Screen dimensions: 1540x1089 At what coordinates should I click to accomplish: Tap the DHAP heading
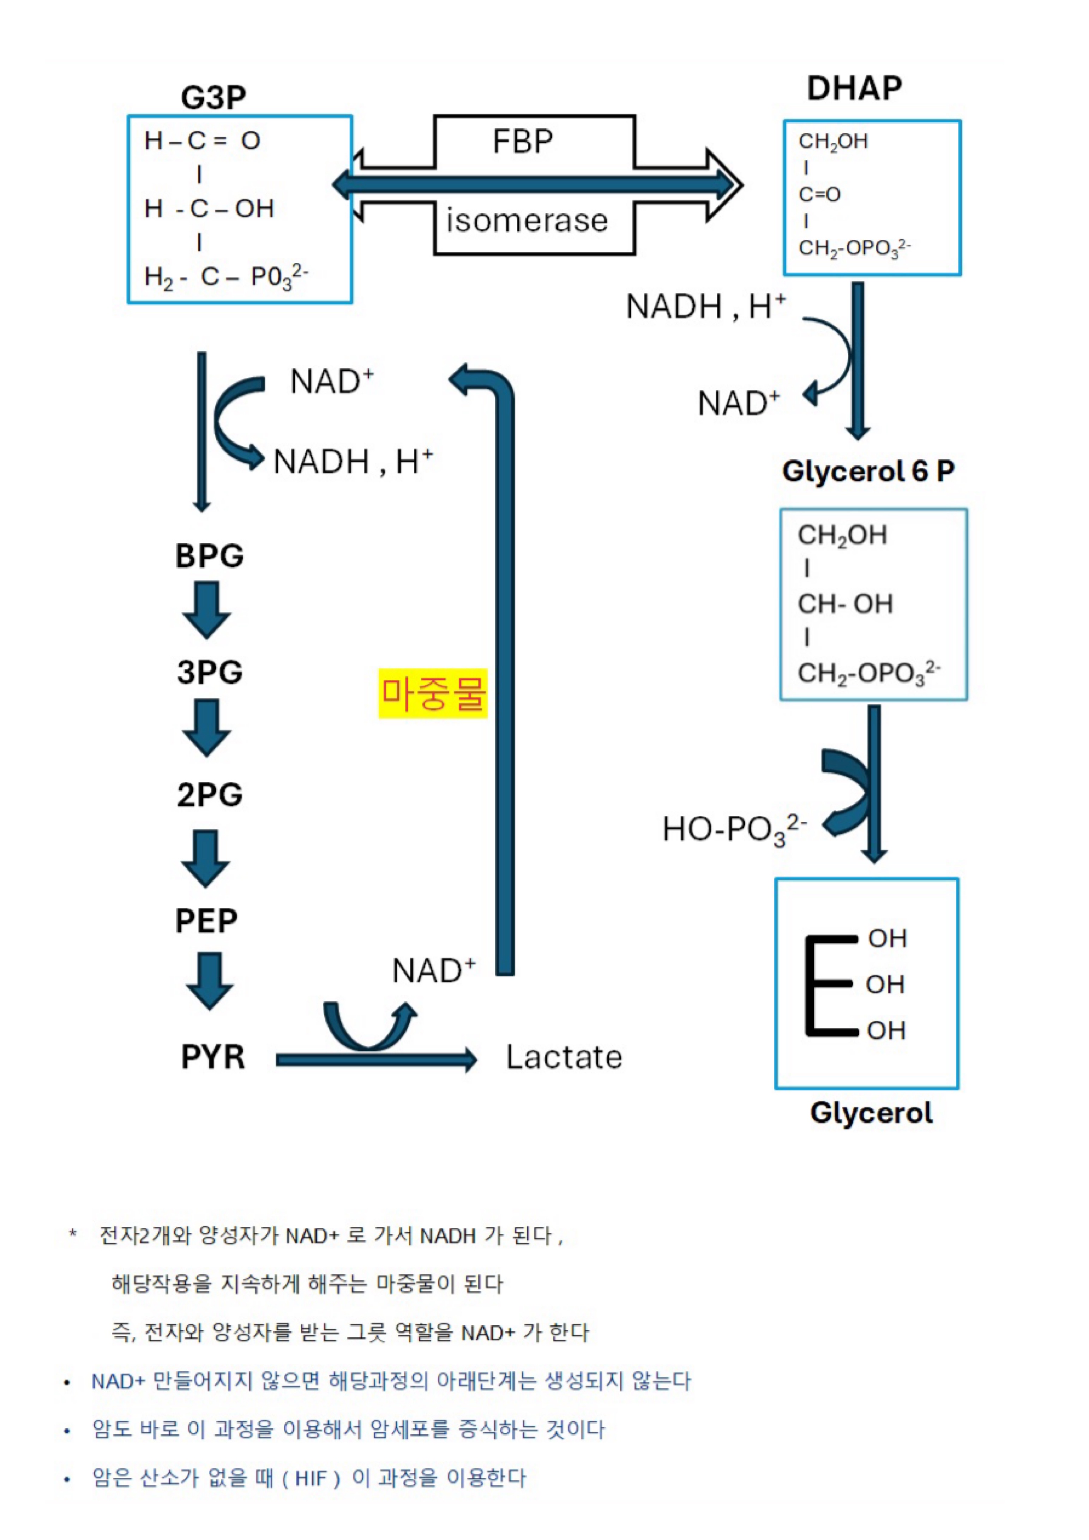[x=854, y=88]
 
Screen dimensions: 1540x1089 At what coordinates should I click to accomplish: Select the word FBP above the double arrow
[x=523, y=142]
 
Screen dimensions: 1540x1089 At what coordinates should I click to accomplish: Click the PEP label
[x=206, y=921]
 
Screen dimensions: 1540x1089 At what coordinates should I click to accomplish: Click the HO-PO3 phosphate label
[x=734, y=830]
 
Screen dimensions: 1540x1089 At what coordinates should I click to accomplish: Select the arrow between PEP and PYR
[x=210, y=981]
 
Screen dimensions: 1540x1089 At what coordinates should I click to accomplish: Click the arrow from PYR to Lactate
[x=375, y=1060]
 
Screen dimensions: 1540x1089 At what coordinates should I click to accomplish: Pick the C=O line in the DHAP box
[x=819, y=194]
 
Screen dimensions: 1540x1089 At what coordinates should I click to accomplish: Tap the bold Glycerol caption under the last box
[x=871, y=1113]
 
